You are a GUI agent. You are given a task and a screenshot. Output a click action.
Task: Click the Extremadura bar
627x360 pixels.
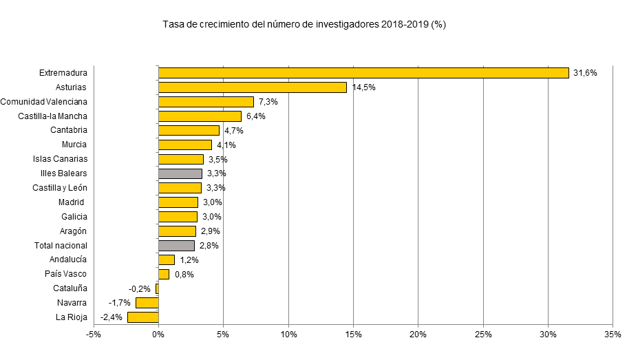[363, 73]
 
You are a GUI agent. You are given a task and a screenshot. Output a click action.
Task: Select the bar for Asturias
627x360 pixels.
[253, 87]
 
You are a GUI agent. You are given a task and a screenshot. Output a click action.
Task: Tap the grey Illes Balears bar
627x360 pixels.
[180, 173]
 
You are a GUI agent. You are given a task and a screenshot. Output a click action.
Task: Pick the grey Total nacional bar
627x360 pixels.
[177, 245]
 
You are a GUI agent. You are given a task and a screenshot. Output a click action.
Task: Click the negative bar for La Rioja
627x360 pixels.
[143, 317]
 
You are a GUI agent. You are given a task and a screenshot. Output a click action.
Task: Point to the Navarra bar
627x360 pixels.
[147, 303]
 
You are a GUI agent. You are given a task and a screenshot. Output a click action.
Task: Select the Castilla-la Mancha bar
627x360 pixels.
[200, 116]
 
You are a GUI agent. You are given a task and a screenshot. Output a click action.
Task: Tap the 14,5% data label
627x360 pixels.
[363, 87]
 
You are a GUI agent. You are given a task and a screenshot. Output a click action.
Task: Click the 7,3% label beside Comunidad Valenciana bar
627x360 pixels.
[268, 102]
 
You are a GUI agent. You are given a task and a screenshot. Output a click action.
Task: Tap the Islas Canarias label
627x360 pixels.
[60, 159]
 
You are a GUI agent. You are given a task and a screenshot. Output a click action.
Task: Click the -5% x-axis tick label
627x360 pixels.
[94, 335]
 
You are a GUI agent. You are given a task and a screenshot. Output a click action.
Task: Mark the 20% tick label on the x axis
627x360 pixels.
[418, 335]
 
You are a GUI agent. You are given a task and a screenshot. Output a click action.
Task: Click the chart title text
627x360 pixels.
[305, 25]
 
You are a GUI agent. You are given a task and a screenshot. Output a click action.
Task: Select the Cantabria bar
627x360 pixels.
[189, 130]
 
